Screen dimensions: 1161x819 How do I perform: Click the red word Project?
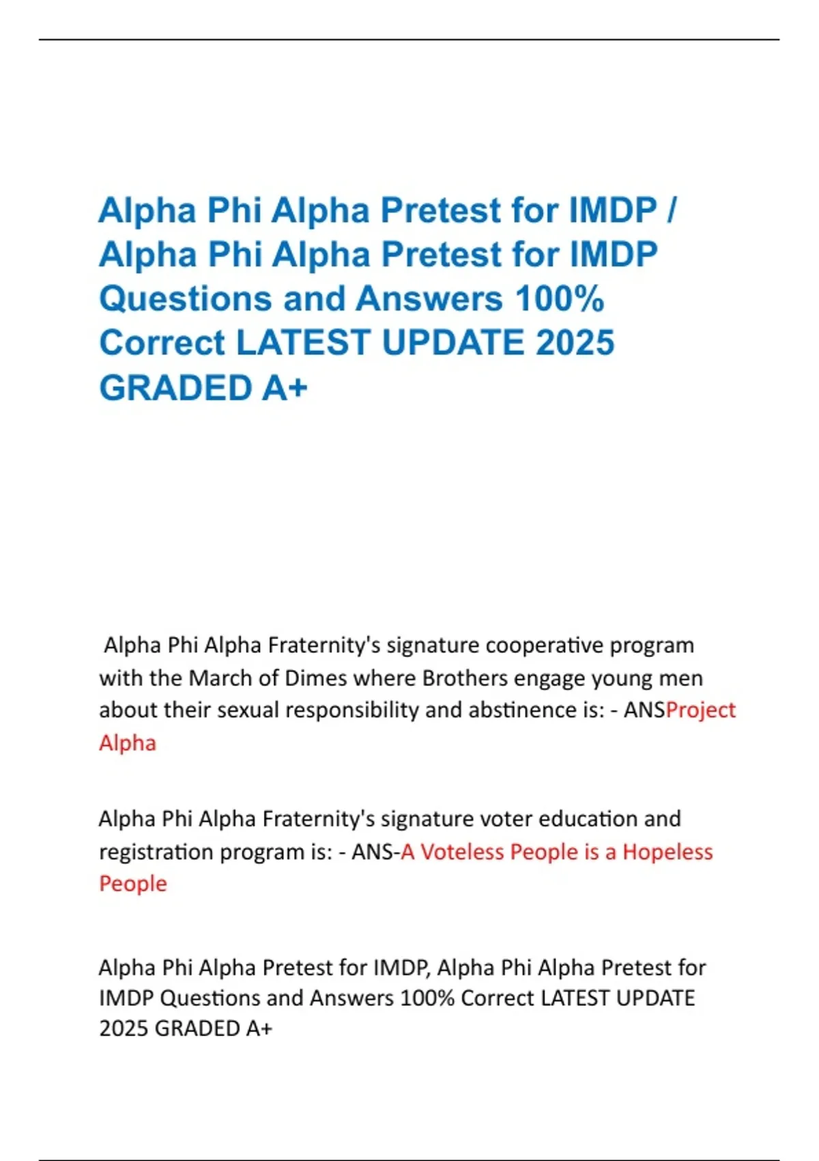coord(701,710)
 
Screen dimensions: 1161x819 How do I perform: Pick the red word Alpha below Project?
coord(128,743)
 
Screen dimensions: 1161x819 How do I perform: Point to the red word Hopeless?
coord(667,852)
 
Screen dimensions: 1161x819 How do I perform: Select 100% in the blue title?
coord(560,299)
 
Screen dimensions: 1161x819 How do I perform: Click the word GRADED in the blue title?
coord(176,388)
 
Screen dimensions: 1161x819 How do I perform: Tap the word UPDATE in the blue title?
coord(453,343)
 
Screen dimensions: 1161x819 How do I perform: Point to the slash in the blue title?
coord(672,210)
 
